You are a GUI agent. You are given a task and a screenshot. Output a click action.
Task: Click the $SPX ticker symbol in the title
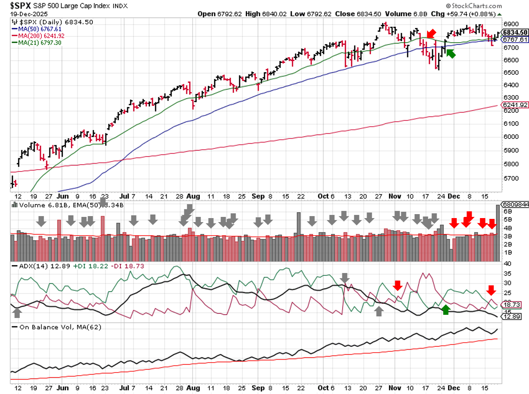tap(20, 6)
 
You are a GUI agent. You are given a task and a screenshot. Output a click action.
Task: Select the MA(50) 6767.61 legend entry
tap(39, 29)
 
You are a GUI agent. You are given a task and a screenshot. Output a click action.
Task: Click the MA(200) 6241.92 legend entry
tap(41, 36)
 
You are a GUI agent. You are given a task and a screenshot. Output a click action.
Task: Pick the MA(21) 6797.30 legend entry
tap(39, 43)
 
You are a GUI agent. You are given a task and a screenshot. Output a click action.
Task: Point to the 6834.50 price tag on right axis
tap(515, 32)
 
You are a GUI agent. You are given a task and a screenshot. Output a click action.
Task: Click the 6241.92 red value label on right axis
tap(515, 105)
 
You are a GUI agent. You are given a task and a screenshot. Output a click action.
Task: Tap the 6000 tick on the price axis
tap(511, 137)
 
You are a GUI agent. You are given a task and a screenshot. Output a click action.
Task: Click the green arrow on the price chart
tap(451, 53)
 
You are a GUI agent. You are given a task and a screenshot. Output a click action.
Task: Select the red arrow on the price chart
tap(431, 34)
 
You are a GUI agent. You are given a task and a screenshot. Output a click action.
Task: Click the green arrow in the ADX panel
tap(446, 310)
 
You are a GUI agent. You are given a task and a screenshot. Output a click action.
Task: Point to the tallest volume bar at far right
tap(498, 233)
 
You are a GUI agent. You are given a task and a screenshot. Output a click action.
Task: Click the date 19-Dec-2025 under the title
tap(29, 14)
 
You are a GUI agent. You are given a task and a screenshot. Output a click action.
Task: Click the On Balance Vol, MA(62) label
tap(60, 327)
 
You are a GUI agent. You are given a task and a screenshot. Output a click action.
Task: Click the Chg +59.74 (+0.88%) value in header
tap(463, 14)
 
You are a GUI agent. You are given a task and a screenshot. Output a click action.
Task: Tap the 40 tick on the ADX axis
tap(508, 263)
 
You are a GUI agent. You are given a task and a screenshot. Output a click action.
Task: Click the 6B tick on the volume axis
tap(508, 211)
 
